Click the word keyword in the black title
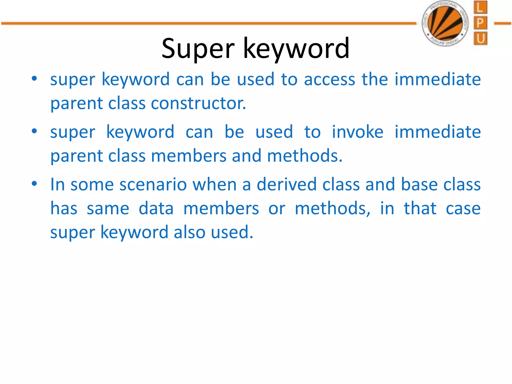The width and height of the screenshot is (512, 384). click(x=296, y=49)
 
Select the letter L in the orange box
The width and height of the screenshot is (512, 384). click(x=480, y=7)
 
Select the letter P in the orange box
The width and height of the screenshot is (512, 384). click(x=480, y=23)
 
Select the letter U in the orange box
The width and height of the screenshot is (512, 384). click(x=480, y=39)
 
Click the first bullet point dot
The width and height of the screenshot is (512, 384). click(x=34, y=79)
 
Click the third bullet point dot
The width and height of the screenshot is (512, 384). click(x=34, y=184)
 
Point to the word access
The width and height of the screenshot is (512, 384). click(x=329, y=79)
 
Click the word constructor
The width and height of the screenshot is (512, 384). click(x=198, y=103)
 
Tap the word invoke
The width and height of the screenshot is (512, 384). click(x=357, y=132)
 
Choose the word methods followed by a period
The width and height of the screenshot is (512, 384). click(x=304, y=156)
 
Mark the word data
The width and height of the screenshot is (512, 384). click(x=156, y=208)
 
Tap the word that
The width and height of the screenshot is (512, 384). click(x=420, y=208)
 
